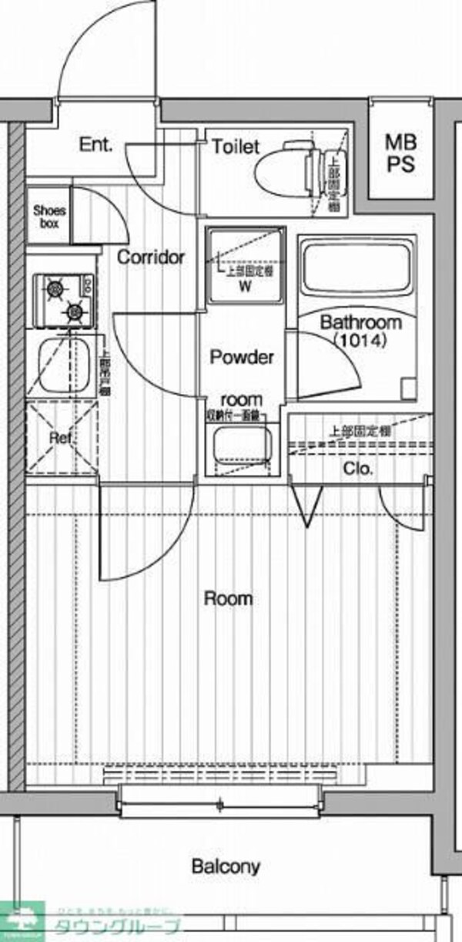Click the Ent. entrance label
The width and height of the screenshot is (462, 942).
click(x=96, y=144)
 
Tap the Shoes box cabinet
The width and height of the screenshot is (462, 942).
click(x=49, y=217)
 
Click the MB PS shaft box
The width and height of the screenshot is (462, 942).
click(x=400, y=153)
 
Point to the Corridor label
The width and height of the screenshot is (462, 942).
click(x=151, y=257)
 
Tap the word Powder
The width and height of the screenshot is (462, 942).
click(x=243, y=358)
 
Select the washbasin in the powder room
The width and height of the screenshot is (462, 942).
click(x=242, y=446)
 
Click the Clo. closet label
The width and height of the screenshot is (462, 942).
click(x=358, y=468)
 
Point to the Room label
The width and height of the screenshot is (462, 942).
click(x=228, y=598)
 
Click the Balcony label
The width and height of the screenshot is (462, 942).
click(x=225, y=867)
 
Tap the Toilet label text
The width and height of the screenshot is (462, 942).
click(x=236, y=146)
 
